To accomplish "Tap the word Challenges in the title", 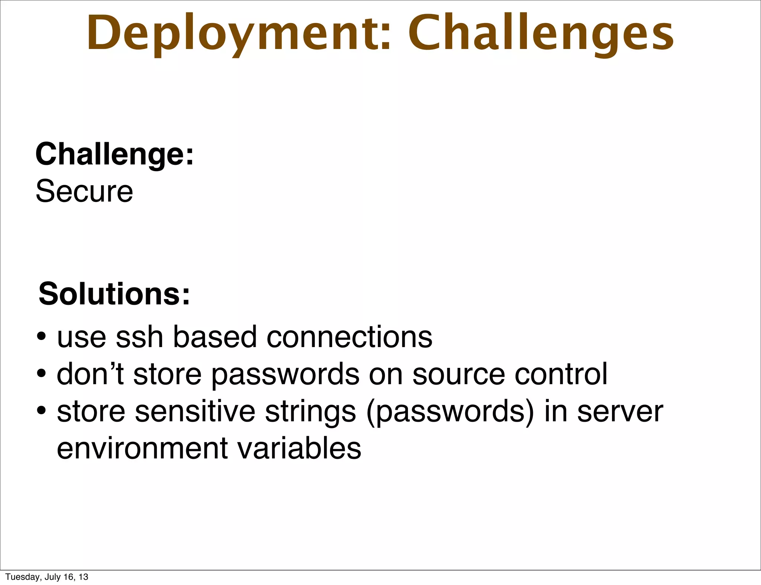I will [x=541, y=34].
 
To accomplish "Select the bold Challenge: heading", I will [x=114, y=154].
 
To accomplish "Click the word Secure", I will [x=84, y=192].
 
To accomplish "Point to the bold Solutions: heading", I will [x=114, y=294].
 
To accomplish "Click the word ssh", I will [x=139, y=337].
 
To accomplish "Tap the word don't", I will [x=90, y=374].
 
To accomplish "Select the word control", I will [x=561, y=374].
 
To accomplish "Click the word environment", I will [x=142, y=448].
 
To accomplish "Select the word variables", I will [x=299, y=448].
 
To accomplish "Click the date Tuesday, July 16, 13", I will [x=47, y=577].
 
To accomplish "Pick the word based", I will [x=215, y=337].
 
